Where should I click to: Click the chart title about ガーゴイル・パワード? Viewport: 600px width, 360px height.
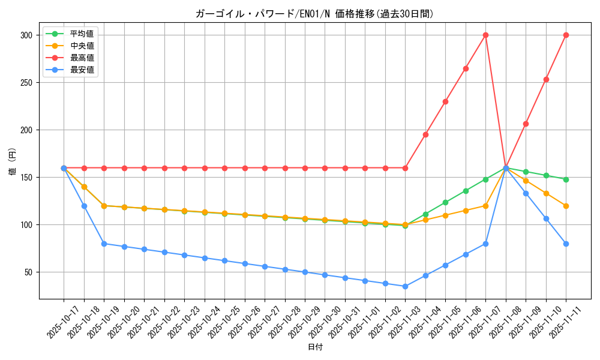tap(314, 14)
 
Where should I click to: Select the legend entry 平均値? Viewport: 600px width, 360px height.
tap(82, 34)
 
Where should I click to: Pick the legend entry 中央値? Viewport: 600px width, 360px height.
tap(82, 46)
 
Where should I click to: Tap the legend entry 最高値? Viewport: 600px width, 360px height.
tap(82, 58)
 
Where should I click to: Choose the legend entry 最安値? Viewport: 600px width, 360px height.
tap(82, 70)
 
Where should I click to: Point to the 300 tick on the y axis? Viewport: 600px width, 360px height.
tap(26, 35)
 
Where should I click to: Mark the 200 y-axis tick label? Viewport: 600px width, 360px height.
tap(26, 130)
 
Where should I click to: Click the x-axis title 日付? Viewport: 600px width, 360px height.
tap(315, 347)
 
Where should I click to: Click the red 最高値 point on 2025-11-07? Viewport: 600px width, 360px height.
tap(485, 35)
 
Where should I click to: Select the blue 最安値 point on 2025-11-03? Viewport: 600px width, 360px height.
tap(405, 286)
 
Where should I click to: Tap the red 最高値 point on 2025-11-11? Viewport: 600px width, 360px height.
tap(566, 35)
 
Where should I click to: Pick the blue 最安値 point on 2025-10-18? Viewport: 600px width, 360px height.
tap(84, 206)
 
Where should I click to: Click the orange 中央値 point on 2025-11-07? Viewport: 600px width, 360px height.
tap(485, 206)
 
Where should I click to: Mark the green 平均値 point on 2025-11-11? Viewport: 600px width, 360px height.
tap(566, 179)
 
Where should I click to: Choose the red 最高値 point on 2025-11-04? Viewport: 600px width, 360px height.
tap(425, 134)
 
